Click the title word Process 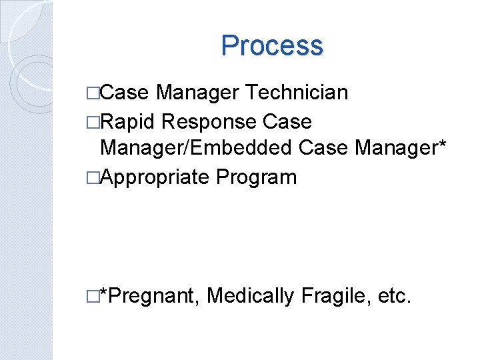(271, 46)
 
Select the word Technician (297, 93)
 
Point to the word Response (209, 122)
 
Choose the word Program (256, 177)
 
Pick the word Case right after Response (287, 122)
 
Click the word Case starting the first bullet (126, 93)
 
